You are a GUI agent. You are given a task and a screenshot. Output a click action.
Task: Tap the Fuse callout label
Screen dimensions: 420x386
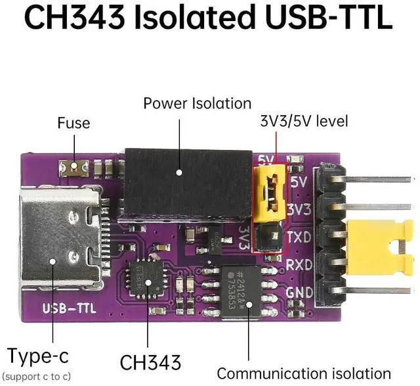click(73, 123)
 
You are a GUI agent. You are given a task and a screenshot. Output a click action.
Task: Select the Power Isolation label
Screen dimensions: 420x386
click(197, 103)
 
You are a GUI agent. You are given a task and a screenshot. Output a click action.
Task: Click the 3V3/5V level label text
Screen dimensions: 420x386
click(304, 121)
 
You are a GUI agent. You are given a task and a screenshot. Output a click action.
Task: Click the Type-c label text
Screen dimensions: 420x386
click(37, 357)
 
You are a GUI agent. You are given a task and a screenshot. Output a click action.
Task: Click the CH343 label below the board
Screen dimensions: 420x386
click(150, 362)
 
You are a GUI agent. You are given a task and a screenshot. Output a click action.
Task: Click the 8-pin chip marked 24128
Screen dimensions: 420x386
click(241, 285)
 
